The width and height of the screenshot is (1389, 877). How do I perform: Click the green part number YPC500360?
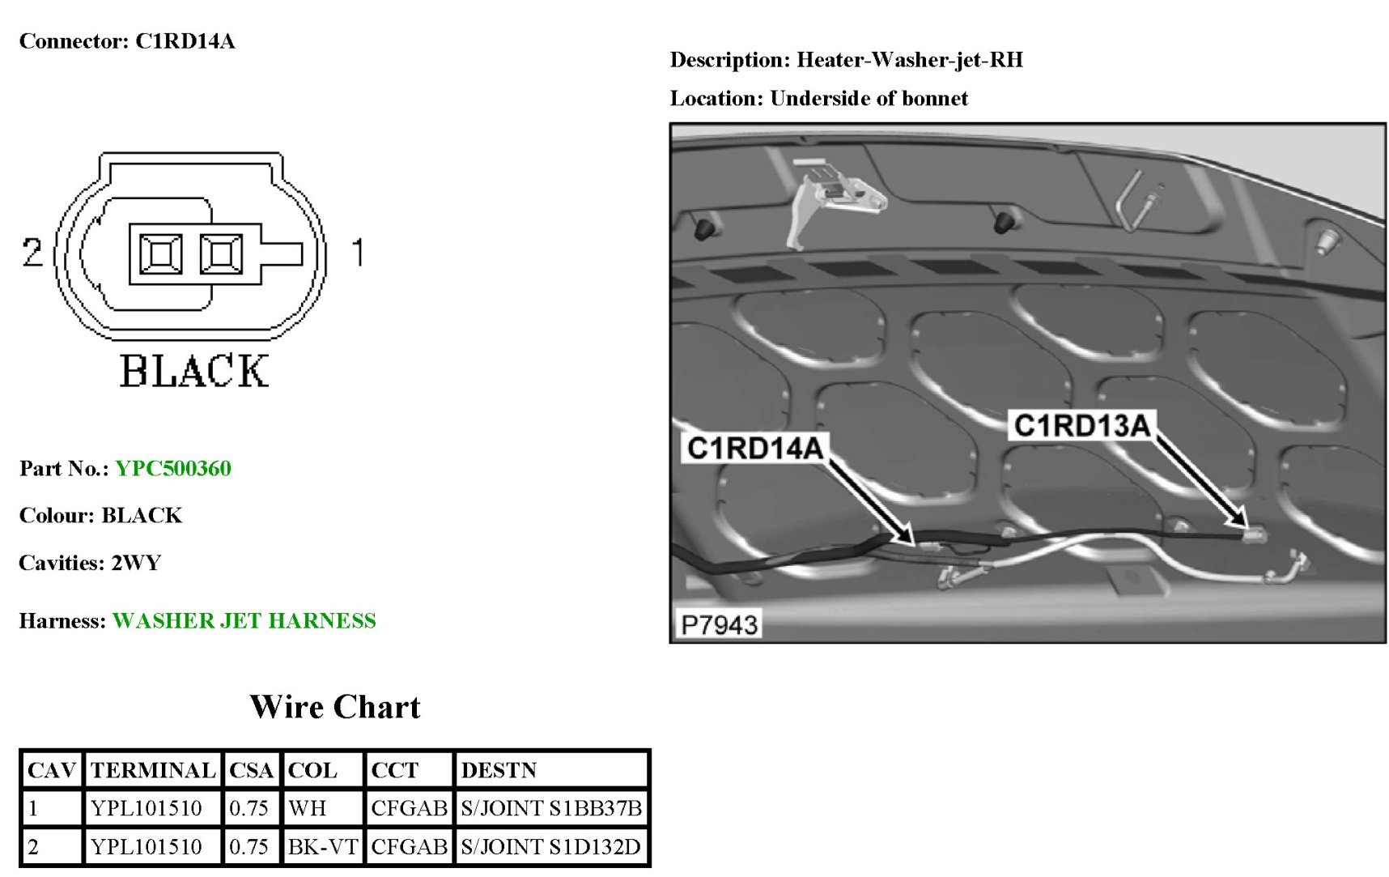coord(172,468)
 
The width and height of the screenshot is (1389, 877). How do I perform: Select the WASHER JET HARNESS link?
coord(244,620)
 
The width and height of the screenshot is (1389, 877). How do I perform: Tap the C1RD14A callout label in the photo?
coord(754,448)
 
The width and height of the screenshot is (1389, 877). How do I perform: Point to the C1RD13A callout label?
coord(1081,425)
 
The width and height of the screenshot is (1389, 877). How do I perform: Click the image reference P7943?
coord(719,624)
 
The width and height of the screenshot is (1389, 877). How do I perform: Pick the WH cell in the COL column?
coord(308,807)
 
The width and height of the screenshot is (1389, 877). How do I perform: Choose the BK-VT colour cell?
coord(322,846)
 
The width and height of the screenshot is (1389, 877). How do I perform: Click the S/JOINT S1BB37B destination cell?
coord(551,807)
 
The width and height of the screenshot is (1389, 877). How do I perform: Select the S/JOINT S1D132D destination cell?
coord(550,846)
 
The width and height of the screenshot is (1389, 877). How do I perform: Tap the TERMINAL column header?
coord(152,769)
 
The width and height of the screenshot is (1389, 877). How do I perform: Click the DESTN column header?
coord(499,769)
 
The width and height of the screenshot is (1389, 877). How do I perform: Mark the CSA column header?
coord(251,769)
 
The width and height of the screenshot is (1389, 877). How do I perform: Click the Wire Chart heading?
coord(335,707)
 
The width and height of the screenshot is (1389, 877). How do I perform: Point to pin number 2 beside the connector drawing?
coord(32,253)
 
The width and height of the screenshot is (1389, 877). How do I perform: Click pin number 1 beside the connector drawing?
coord(358,253)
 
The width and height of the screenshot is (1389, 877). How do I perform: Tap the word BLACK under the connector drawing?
coord(194,372)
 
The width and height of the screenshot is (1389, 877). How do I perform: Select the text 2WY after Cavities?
coord(136,563)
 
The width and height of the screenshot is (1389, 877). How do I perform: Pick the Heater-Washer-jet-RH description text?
coord(910,60)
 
